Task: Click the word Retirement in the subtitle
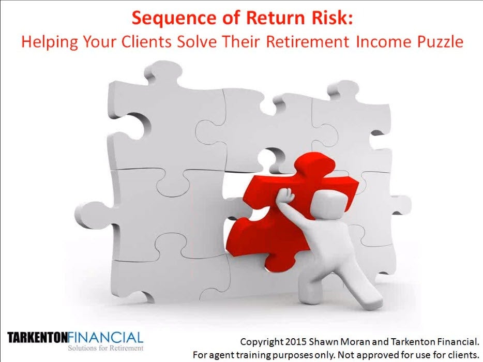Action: pyautogui.click(x=307, y=42)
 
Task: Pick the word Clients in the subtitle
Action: pyautogui.click(x=146, y=42)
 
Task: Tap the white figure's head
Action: pyautogui.click(x=329, y=204)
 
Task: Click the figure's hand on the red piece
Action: pyautogui.click(x=285, y=195)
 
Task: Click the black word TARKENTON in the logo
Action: pyautogui.click(x=37, y=338)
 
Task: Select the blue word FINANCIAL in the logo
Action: pyautogui.click(x=105, y=337)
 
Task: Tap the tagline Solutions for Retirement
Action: pyautogui.click(x=105, y=348)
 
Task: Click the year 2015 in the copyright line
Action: pyautogui.click(x=296, y=342)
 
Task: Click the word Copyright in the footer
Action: pyautogui.click(x=262, y=342)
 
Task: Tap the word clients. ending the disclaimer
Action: pyautogui.click(x=460, y=355)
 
